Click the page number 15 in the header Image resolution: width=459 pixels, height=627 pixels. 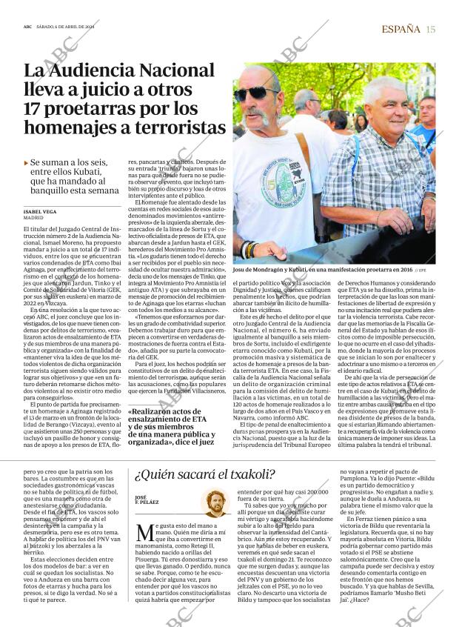click(430, 29)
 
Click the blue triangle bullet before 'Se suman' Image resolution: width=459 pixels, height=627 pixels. click(27, 161)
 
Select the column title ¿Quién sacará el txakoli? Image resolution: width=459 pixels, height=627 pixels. click(204, 475)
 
